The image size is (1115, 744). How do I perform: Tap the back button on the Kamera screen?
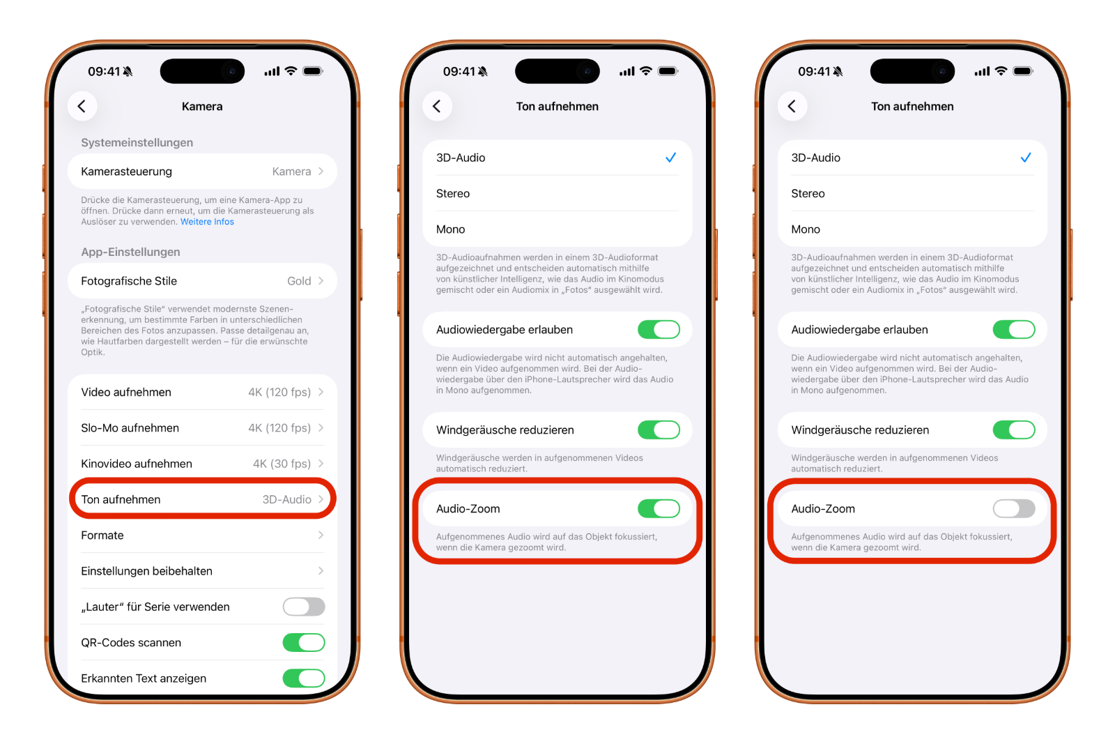(x=82, y=106)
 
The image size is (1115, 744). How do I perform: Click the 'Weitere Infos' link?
(x=207, y=222)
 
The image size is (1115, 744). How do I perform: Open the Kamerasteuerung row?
(x=202, y=172)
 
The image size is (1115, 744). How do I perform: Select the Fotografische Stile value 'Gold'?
(x=299, y=281)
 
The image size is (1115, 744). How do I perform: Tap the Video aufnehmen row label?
(x=126, y=392)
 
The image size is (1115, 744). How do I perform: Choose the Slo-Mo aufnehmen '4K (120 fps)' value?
(x=279, y=428)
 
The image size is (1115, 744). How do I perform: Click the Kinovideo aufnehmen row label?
(x=137, y=464)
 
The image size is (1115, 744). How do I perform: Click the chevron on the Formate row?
(x=321, y=536)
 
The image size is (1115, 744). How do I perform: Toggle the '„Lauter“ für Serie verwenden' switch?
(x=304, y=607)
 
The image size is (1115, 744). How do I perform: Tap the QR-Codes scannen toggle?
(x=304, y=643)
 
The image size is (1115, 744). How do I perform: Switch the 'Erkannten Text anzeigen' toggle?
(x=304, y=678)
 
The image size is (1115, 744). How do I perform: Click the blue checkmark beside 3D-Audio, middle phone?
(x=670, y=158)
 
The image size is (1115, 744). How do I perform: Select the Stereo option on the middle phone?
(x=453, y=194)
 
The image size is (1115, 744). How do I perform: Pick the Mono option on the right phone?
(x=806, y=229)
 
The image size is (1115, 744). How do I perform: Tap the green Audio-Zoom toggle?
(x=659, y=509)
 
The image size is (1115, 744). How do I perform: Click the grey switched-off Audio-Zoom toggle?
(x=1014, y=509)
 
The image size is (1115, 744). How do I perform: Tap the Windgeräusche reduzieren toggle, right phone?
(x=1014, y=430)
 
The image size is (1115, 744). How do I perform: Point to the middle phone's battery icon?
(x=668, y=71)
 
